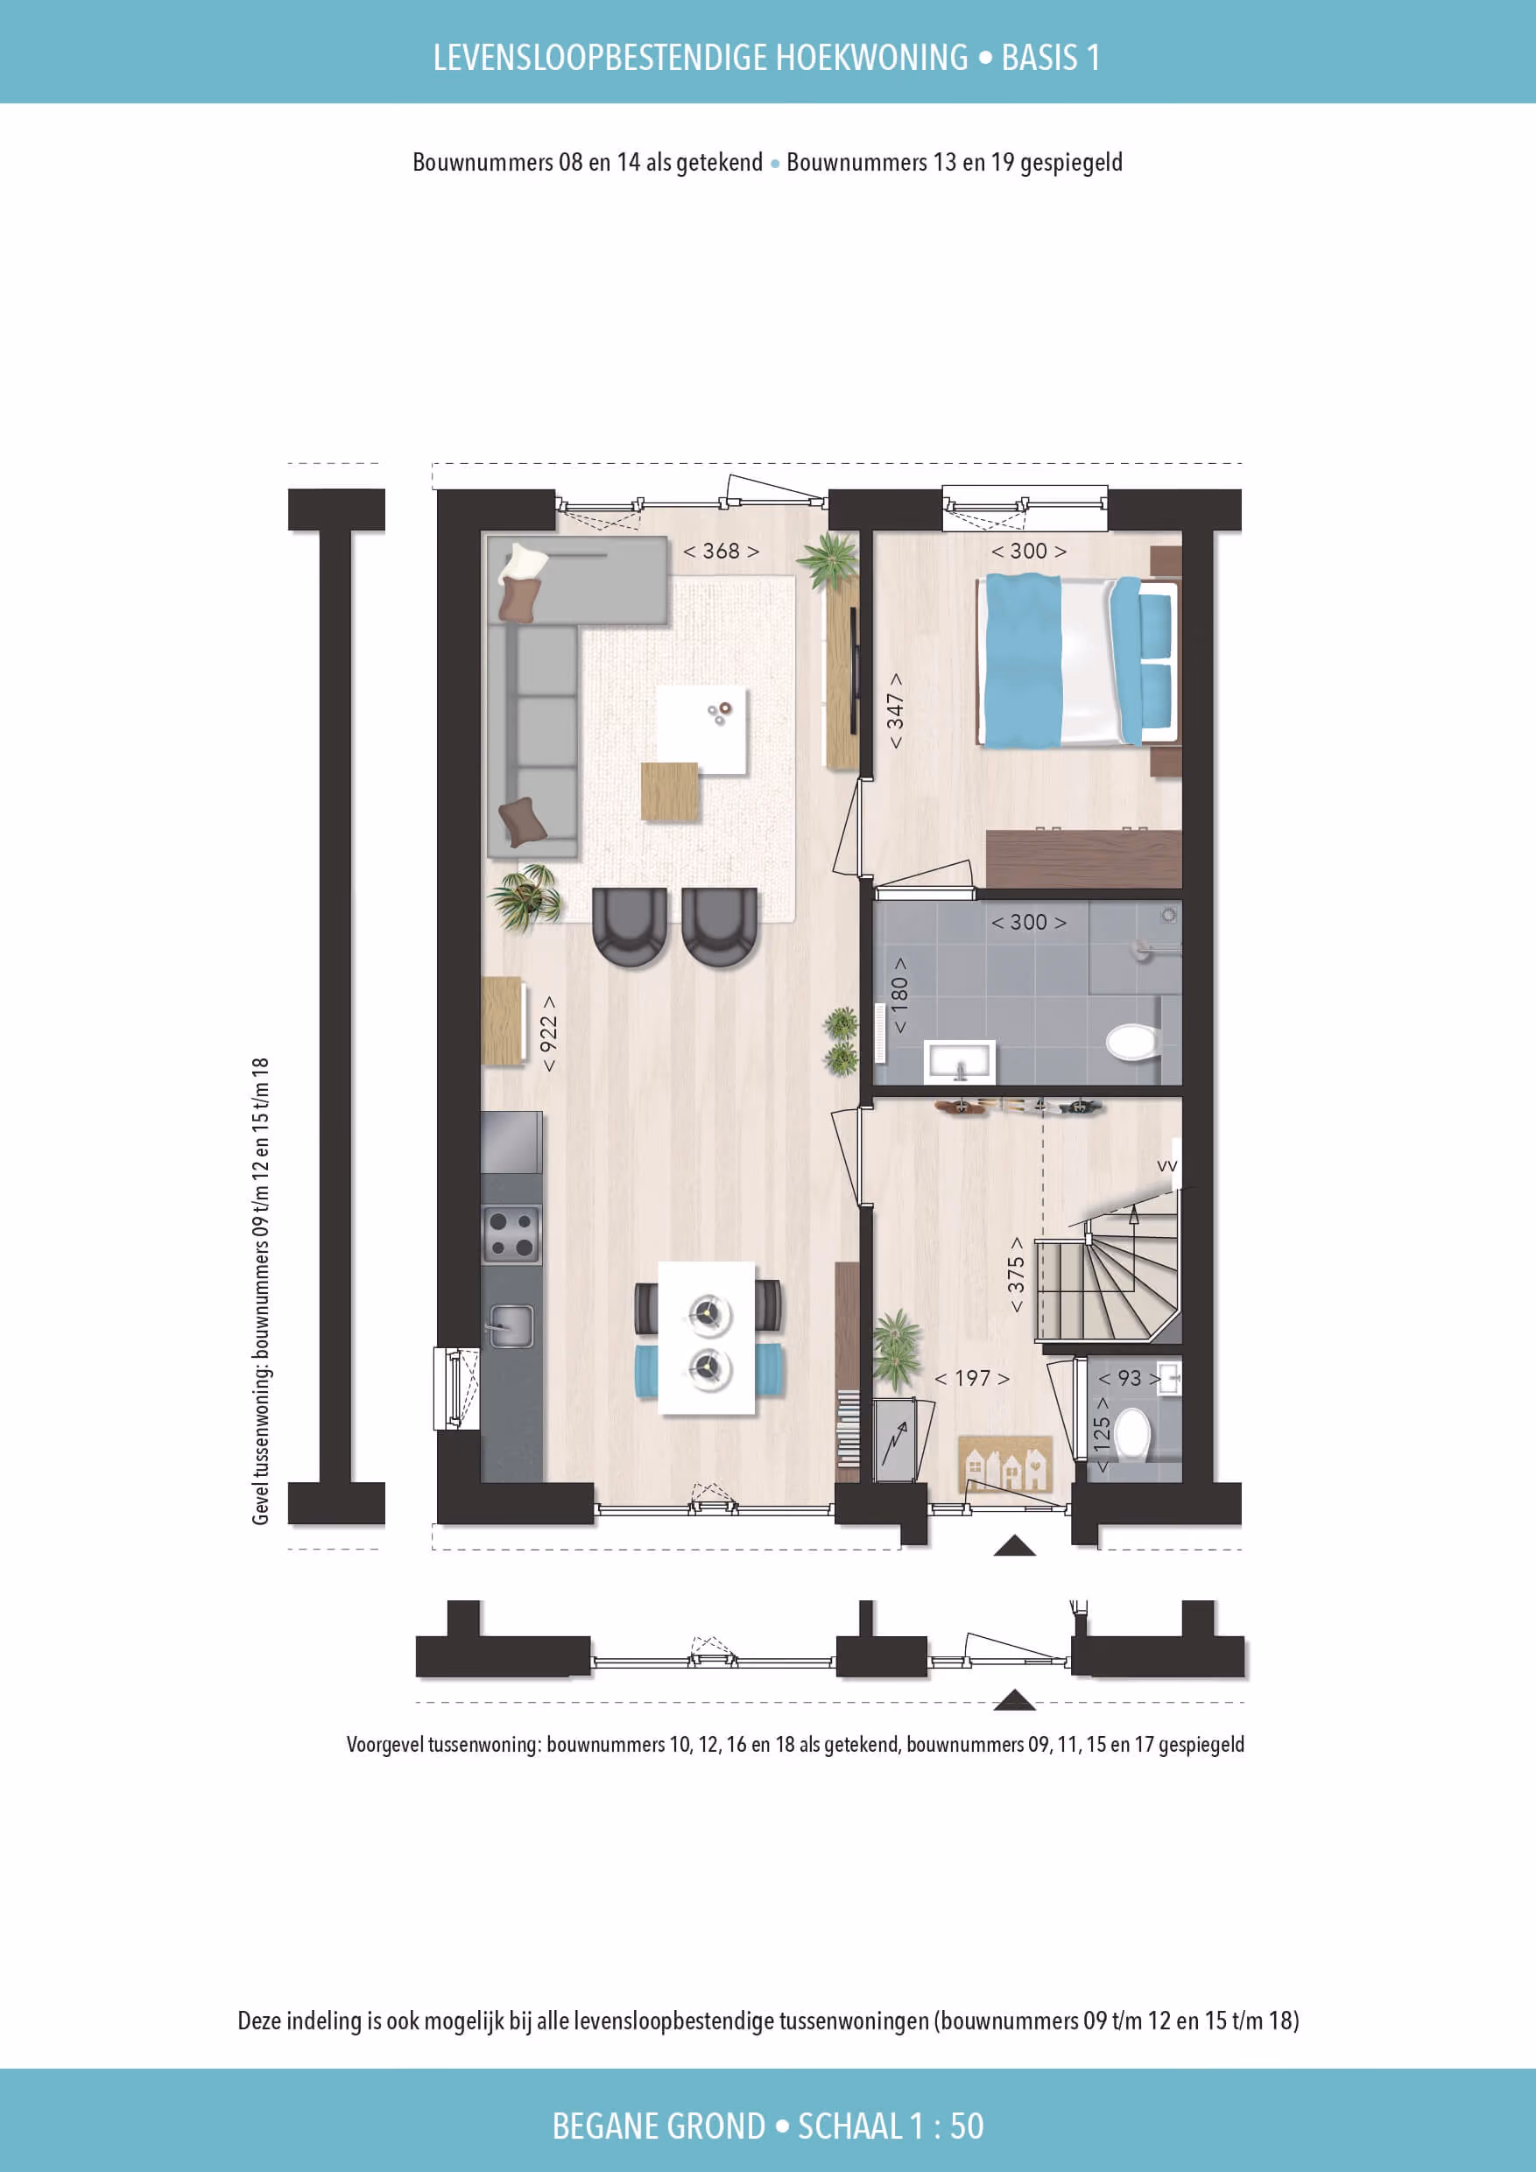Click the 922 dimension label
pyautogui.click(x=548, y=1033)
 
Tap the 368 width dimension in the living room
pyautogui.click(x=722, y=551)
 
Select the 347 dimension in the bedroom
pyautogui.click(x=894, y=711)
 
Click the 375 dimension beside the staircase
pyautogui.click(x=1016, y=1275)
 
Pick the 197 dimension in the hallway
pyautogui.click(x=972, y=1378)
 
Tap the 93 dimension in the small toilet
pyautogui.click(x=1129, y=1378)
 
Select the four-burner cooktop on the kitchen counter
pyautogui.click(x=512, y=1234)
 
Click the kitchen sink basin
pyautogui.click(x=511, y=1325)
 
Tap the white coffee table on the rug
pyautogui.click(x=701, y=730)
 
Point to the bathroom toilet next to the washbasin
pyautogui.click(x=1133, y=1043)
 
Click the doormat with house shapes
pyautogui.click(x=1005, y=1464)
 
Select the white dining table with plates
pyautogui.click(x=707, y=1338)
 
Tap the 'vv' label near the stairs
pyautogui.click(x=1167, y=1166)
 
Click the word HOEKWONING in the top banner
pyautogui.click(x=871, y=58)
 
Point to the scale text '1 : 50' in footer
pyautogui.click(x=947, y=2126)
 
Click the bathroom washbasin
pyautogui.click(x=960, y=1060)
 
